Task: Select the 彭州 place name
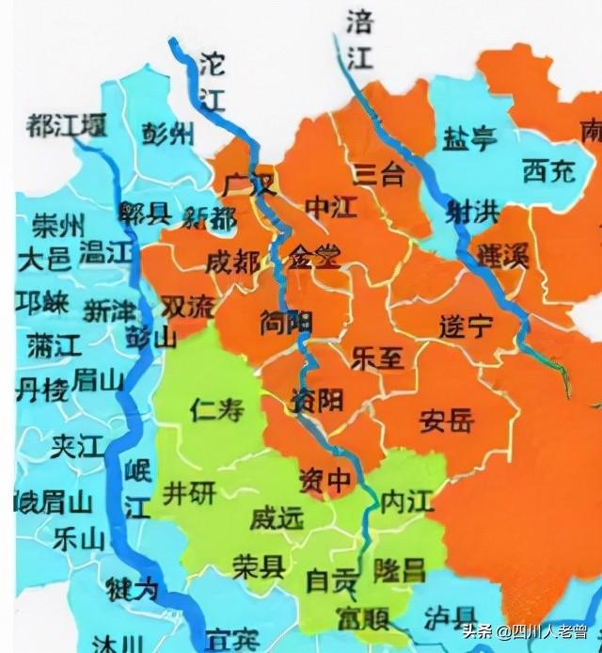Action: pos(169,135)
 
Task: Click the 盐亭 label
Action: pos(469,139)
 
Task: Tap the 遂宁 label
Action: pos(466,326)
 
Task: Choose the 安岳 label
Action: pos(447,421)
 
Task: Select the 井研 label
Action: pos(188,491)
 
